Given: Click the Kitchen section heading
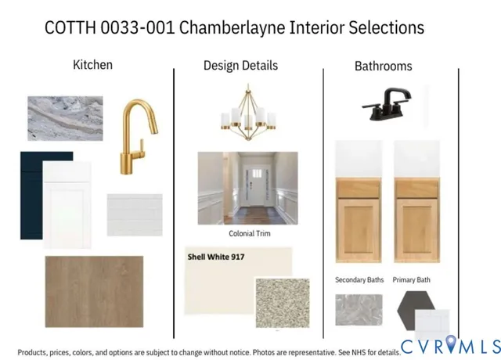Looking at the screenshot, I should [x=92, y=64].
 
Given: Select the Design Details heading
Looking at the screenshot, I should [x=240, y=66].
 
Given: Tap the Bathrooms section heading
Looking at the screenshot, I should [x=383, y=67].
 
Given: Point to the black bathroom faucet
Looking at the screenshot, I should [x=388, y=105].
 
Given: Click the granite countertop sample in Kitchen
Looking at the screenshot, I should [x=65, y=118].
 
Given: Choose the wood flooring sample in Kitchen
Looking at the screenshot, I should [x=94, y=291].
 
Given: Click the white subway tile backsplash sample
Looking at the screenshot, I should [x=135, y=214].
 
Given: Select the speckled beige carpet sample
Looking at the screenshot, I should [x=282, y=302].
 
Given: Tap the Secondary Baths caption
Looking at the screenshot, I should [x=359, y=279].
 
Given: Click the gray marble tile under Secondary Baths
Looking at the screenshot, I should [x=359, y=309].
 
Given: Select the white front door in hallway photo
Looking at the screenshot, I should [x=255, y=185].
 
